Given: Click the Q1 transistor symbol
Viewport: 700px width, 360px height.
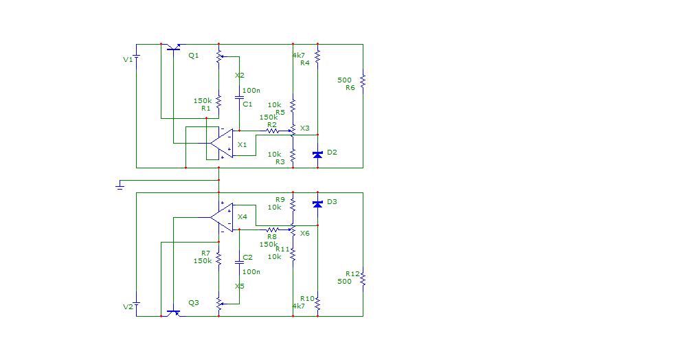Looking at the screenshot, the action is tap(173, 47).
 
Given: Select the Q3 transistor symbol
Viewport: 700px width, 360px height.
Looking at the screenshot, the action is tap(173, 313).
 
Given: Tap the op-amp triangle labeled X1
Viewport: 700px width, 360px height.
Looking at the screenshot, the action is tap(222, 144).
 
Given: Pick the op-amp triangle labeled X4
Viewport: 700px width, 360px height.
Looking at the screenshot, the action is tap(222, 218).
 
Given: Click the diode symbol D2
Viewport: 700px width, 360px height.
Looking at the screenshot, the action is tap(317, 155).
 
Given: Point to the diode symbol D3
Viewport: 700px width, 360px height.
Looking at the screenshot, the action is tap(317, 204).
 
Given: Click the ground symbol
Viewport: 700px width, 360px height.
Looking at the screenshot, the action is tap(120, 185).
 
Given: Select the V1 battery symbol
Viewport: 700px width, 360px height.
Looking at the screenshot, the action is tap(136, 58).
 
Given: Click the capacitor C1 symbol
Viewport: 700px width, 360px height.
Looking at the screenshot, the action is tap(239, 98).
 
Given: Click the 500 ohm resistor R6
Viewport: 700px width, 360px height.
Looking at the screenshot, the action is tap(363, 81).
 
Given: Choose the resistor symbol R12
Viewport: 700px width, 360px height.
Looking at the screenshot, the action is tap(363, 279).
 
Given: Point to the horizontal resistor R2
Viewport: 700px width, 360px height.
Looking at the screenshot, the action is tap(272, 131).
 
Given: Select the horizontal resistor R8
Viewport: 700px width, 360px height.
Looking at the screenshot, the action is tap(272, 229).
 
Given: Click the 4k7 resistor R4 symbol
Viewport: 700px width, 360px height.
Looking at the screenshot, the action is tap(317, 56).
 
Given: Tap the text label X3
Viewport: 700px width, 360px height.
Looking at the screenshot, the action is tap(304, 128).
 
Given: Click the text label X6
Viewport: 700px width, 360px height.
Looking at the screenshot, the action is tap(304, 233).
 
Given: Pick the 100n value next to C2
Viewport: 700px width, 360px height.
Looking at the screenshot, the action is tap(251, 271).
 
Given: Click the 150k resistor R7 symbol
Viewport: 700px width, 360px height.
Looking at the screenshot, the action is tap(218, 258).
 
